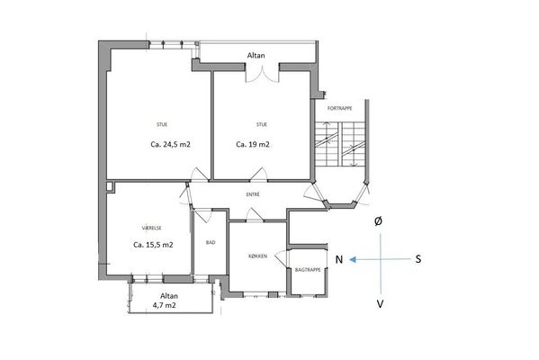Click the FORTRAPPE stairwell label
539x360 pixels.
tap(339, 108)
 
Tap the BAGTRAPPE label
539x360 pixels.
tap(308, 270)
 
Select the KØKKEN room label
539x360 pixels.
tap(258, 256)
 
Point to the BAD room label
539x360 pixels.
tap(211, 242)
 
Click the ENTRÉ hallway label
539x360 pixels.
tap(253, 194)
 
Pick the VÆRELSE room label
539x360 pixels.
tap(151, 228)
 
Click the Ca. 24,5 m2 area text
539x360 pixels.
tap(170, 144)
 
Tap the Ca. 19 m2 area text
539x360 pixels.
tap(253, 144)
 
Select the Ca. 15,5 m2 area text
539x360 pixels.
tap(153, 245)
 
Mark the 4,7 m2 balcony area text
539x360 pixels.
tap(165, 305)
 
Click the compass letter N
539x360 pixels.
tap(339, 259)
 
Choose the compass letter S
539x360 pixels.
tap(418, 259)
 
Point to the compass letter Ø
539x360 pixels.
tap(378, 221)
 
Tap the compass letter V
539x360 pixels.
tap(380, 304)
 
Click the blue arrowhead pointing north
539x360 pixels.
tap(352, 259)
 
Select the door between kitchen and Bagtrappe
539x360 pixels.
tap(283, 257)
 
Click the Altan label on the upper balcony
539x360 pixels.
tap(256, 56)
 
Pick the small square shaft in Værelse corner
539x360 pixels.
tap(110, 186)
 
